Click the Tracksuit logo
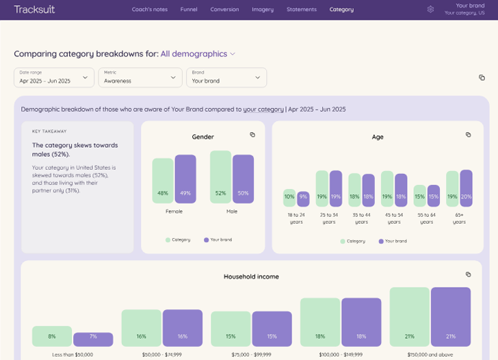(34, 10)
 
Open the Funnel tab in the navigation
(189, 10)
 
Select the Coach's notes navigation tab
(150, 10)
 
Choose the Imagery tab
(262, 10)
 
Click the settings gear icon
(430, 10)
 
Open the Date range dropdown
(55, 77)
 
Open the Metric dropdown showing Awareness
(140, 77)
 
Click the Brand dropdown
(226, 77)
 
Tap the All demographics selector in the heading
(198, 54)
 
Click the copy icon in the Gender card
(252, 135)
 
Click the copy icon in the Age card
(469, 135)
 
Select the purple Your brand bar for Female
(185, 179)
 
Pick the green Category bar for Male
(220, 177)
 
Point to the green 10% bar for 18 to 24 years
(289, 198)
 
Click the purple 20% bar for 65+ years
(466, 188)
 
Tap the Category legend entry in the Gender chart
(178, 240)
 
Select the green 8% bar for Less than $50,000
(52, 336)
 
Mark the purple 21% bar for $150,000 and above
(451, 317)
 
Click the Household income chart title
(251, 277)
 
